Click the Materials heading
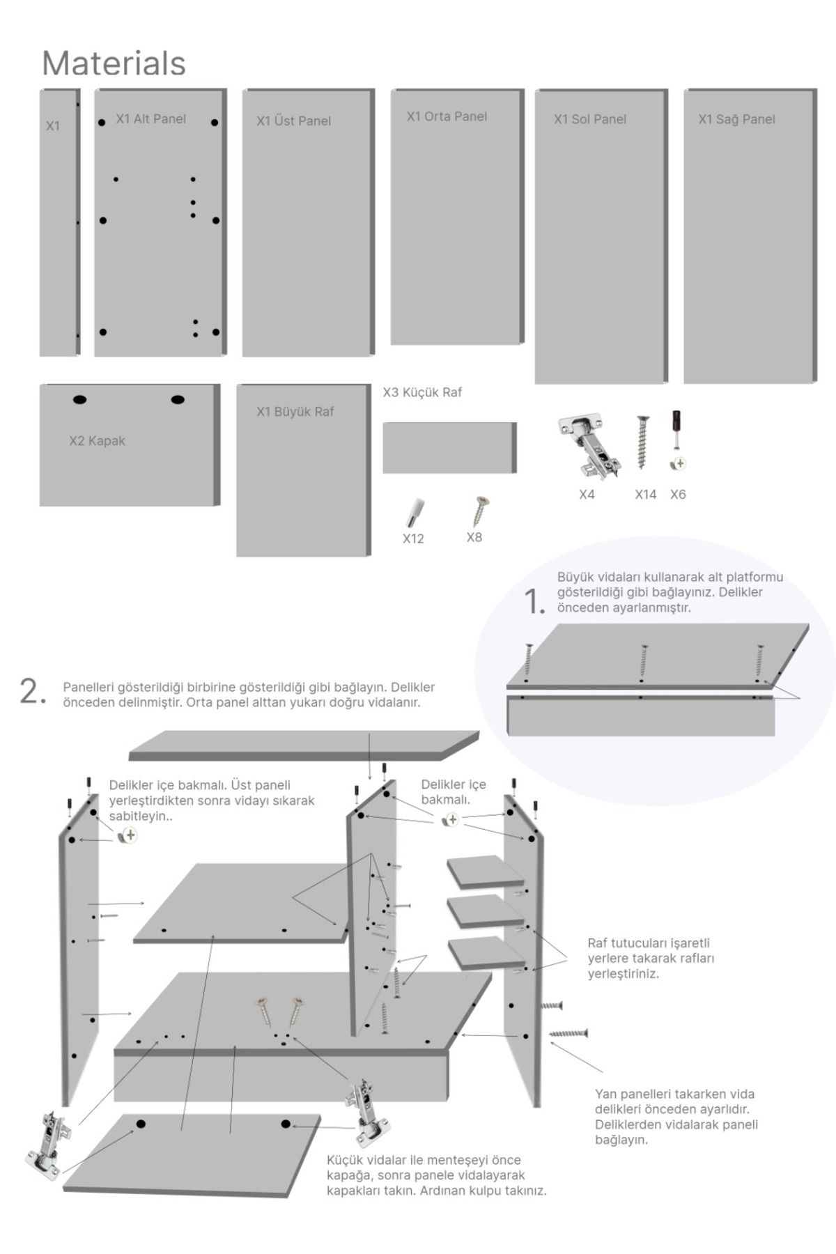coord(114,63)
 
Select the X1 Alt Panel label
coord(150,119)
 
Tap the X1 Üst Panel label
coord(293,121)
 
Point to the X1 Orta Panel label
coord(447,116)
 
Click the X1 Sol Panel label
coord(590,119)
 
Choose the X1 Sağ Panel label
coord(736,119)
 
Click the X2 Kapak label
coord(97,441)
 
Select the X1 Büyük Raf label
coord(295,412)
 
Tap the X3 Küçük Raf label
coord(422,392)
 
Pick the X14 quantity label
coord(645,495)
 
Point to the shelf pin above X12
coord(414,513)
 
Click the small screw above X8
coord(479,511)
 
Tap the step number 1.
coord(534,601)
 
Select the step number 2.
coord(32,691)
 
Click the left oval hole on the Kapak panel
coord(79,400)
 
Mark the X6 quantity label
coord(678,495)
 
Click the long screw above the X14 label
coord(642,442)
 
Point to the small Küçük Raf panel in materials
coord(449,447)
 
